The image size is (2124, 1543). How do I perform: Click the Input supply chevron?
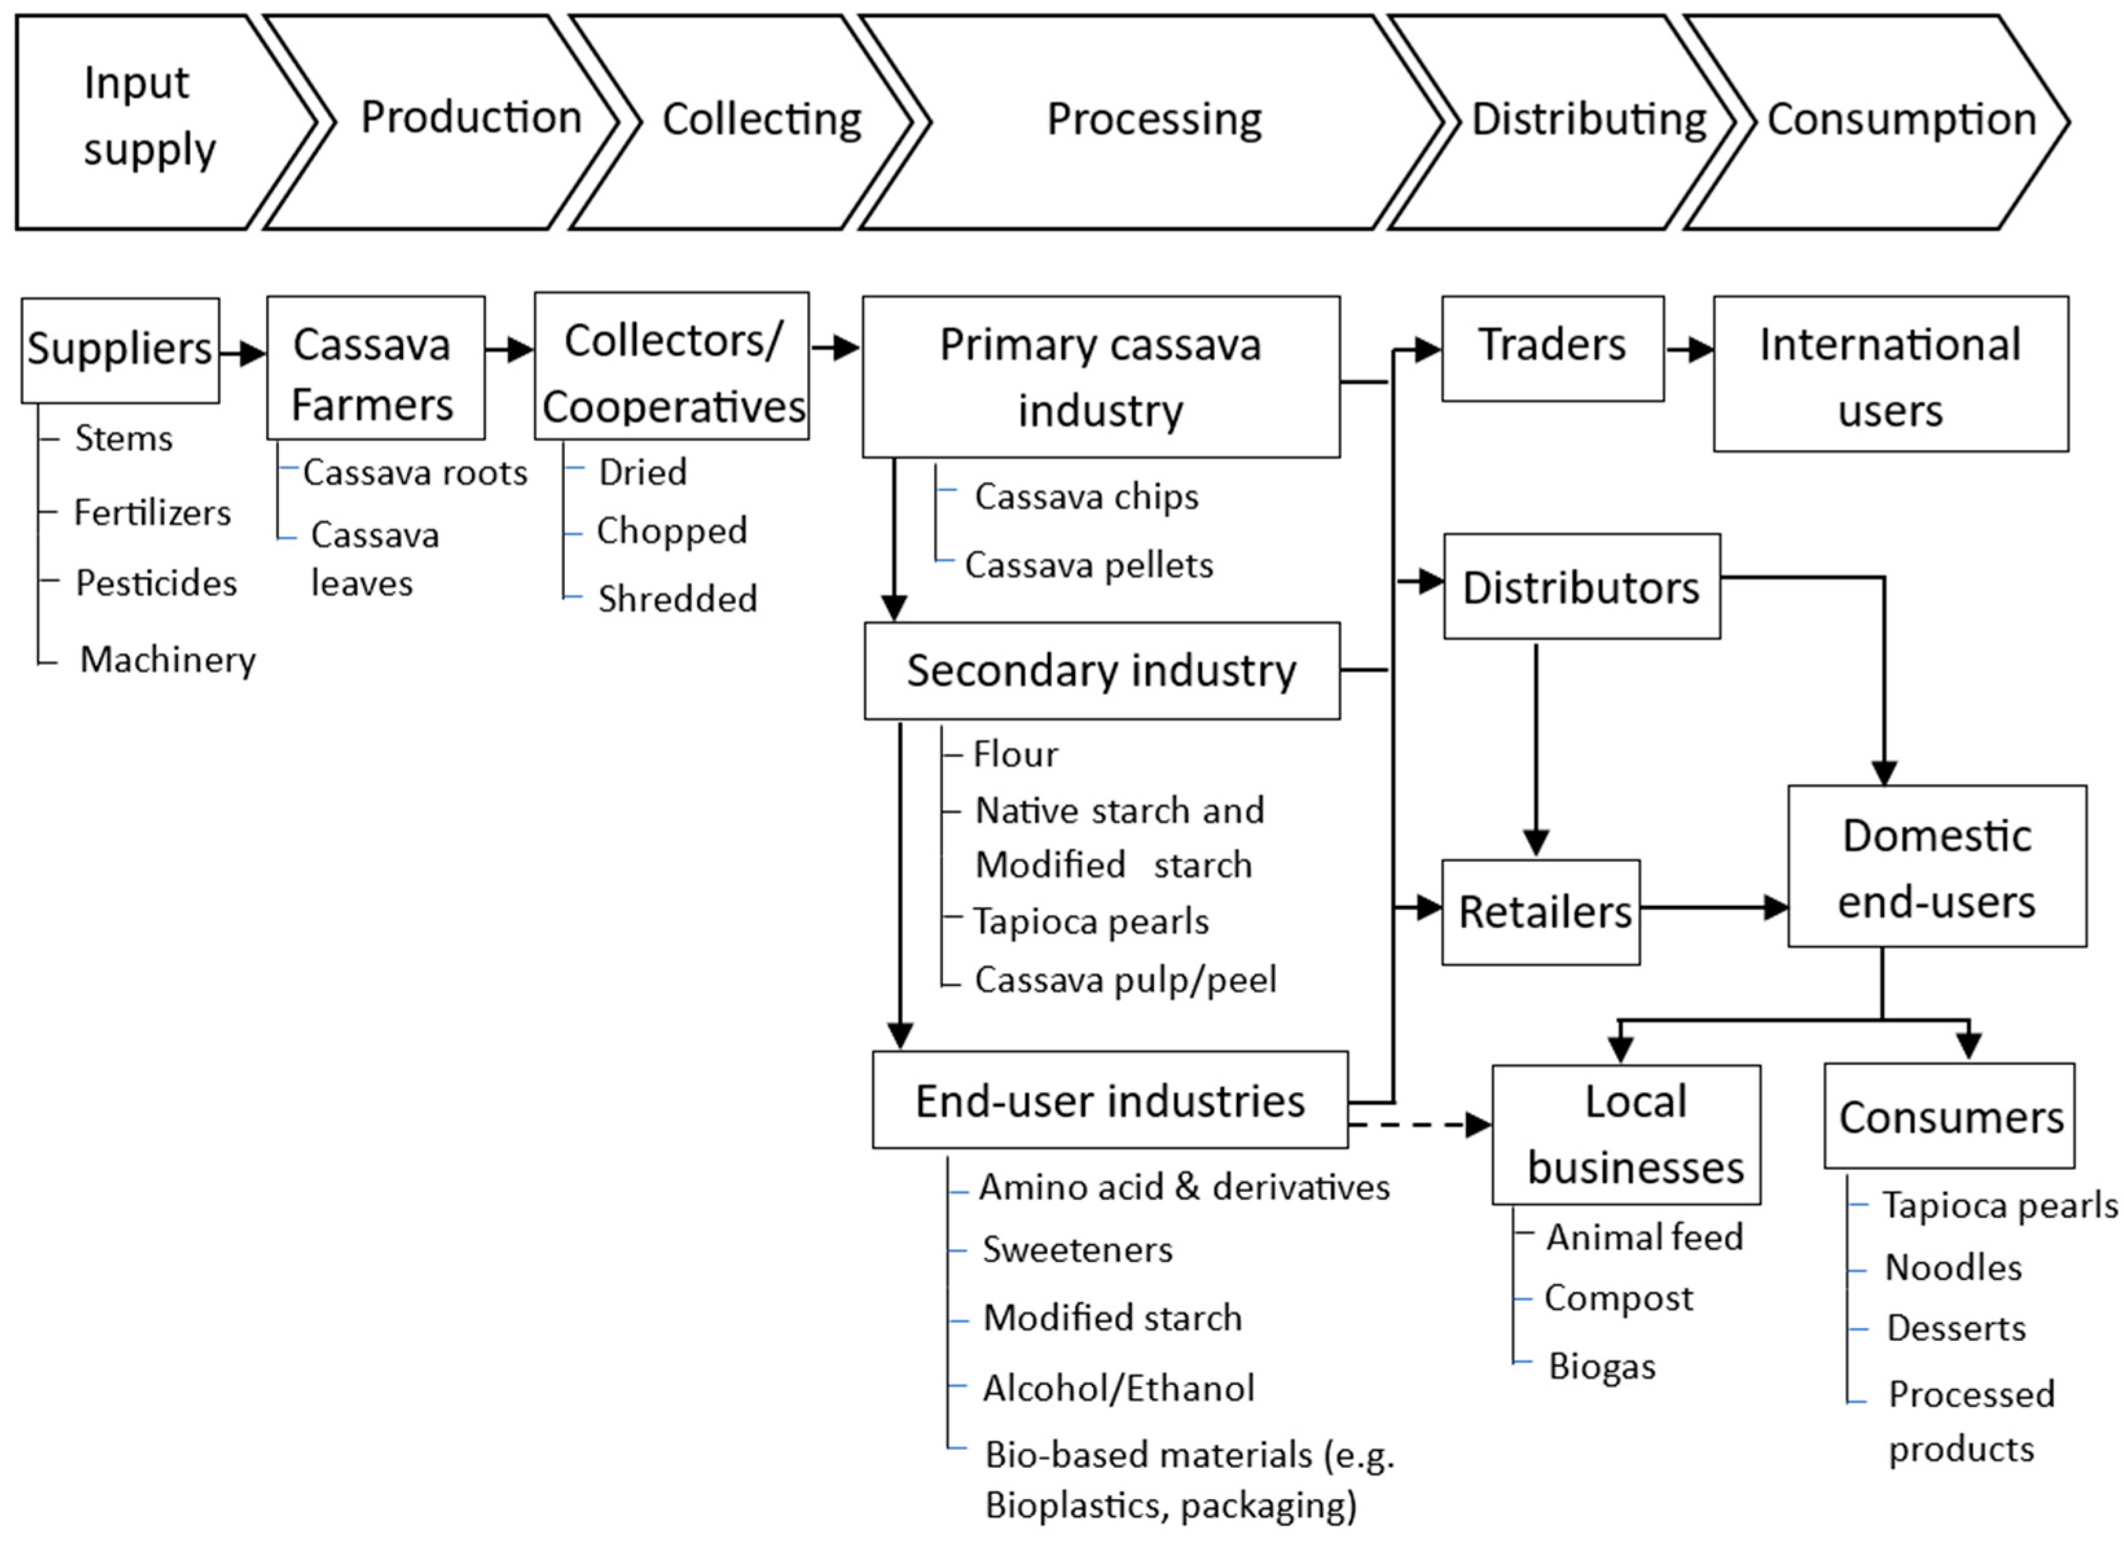pos(150,120)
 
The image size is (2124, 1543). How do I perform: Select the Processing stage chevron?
pos(1154,120)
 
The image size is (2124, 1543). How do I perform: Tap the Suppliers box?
pos(120,350)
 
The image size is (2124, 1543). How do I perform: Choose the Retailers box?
pos(1540,912)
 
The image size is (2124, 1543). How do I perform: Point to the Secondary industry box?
pos(1101,671)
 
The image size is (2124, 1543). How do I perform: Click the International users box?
pos(1890,375)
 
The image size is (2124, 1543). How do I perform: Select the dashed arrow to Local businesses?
pos(1419,1124)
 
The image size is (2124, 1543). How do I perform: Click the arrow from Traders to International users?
pos(1688,350)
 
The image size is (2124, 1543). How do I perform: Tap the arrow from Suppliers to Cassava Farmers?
pos(243,353)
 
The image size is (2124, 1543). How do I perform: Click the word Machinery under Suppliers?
pos(168,660)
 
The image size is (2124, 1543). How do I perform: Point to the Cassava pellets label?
pos(1089,565)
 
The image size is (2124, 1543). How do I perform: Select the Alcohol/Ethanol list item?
pos(1118,1388)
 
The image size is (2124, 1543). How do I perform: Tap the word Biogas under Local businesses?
pos(1602,1366)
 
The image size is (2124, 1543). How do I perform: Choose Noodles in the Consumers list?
pos(1953,1268)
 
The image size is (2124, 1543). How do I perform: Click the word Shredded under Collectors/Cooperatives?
pos(677,599)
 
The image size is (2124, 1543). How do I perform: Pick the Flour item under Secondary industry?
pos(1015,754)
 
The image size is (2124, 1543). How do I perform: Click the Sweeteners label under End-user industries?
pos(1077,1250)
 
